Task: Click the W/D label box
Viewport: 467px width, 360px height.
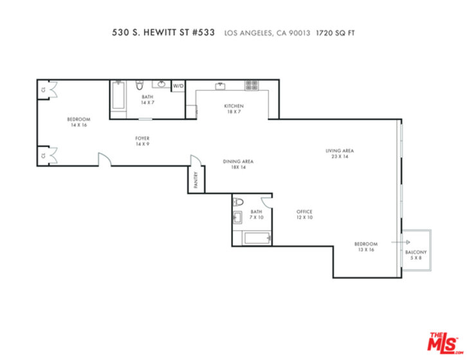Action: [178, 86]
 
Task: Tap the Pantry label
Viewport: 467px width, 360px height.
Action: [196, 180]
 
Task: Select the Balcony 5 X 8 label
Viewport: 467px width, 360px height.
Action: [416, 255]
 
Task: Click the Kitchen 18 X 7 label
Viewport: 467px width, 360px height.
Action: [233, 109]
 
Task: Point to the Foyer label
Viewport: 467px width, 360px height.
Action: [142, 138]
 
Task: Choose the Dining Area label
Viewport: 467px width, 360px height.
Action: [238, 161]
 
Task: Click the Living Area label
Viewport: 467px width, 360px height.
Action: [340, 150]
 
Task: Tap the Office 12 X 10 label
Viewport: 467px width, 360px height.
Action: [304, 214]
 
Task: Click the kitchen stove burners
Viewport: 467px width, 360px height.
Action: [252, 85]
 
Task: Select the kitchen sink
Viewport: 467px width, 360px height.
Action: [221, 86]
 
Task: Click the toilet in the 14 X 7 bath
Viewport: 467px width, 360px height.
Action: [140, 85]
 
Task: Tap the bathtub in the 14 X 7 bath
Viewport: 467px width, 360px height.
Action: [118, 95]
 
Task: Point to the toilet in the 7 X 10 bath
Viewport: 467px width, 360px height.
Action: [238, 203]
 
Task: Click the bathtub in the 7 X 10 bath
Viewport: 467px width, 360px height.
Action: [257, 239]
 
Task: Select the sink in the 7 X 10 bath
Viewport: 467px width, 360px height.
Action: [237, 217]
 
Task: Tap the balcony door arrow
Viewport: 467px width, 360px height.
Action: [401, 242]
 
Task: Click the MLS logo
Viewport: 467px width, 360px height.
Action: [444, 343]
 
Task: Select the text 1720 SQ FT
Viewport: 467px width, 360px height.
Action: [335, 33]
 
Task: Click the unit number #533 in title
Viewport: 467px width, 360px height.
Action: [203, 32]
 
